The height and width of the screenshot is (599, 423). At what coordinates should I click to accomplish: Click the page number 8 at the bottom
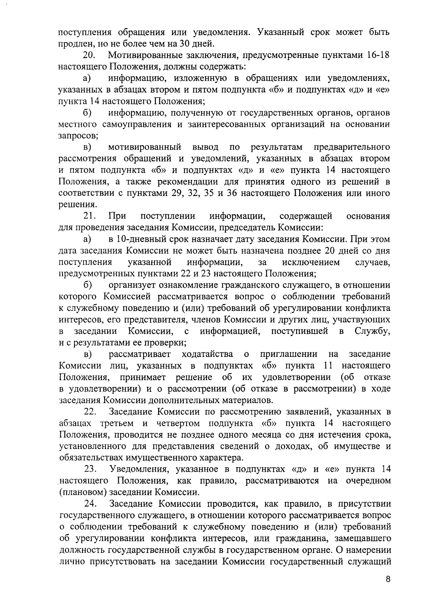tap(388, 580)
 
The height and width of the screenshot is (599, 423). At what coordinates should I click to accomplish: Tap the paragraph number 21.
tap(90, 216)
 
